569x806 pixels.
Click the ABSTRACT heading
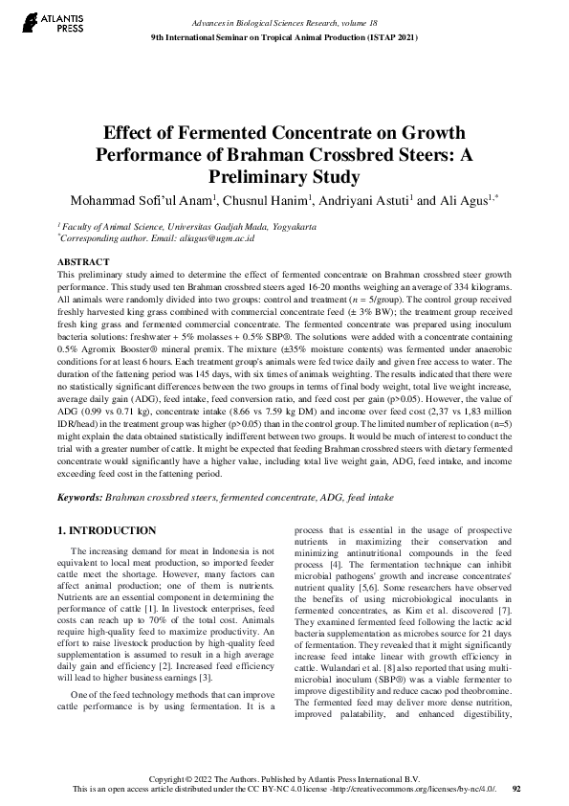[x=85, y=260]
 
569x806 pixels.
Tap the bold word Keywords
[x=79, y=499]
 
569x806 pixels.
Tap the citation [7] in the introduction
[x=507, y=611]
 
